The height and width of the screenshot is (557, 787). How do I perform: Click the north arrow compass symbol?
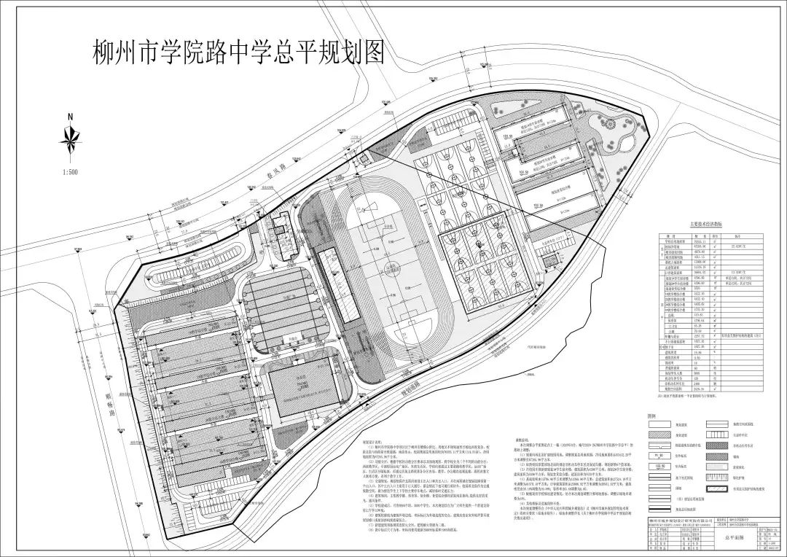pos(70,140)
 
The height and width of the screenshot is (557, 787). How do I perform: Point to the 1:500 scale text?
pos(71,172)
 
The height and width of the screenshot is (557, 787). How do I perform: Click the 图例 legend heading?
pos(652,413)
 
